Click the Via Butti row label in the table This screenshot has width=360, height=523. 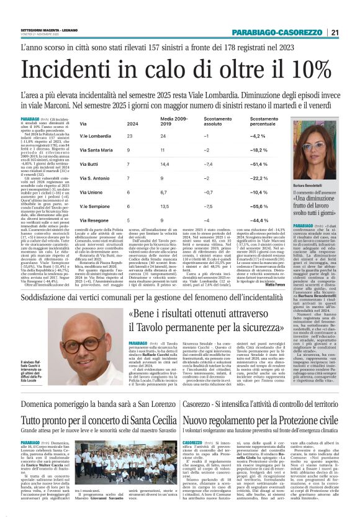pos(88,163)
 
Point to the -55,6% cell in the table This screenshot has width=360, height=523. pos(258,205)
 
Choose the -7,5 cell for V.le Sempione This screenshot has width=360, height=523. pos(207,205)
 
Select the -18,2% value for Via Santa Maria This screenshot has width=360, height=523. pos(258,150)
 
